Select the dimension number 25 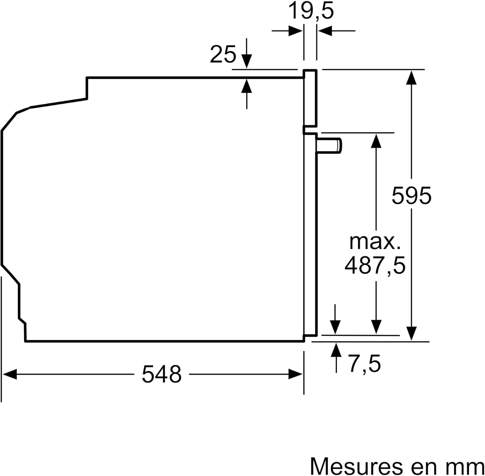tap(223, 54)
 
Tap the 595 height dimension tap(411, 196)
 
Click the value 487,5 tap(375, 265)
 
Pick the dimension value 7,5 tap(364, 364)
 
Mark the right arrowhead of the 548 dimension tap(296, 375)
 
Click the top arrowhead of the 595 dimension tap(411, 77)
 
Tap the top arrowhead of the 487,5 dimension tap(376, 141)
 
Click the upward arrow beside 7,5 tap(336, 351)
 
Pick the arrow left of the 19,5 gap tap(295, 31)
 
